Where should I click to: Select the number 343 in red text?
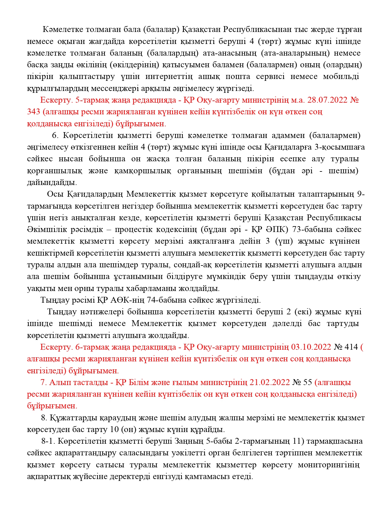(34, 112)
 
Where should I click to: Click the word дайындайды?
(52, 182)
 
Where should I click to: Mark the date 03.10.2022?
(311, 347)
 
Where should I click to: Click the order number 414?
(351, 347)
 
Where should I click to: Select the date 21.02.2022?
(269, 382)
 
